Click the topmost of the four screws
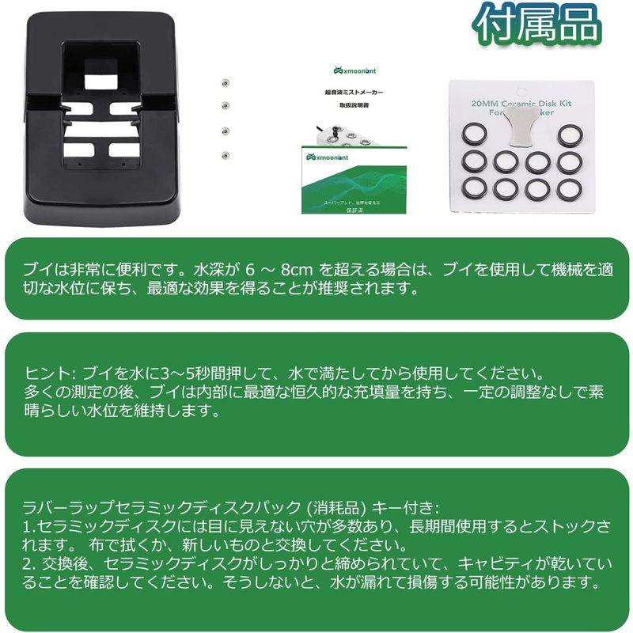[225, 81]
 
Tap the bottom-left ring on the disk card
[474, 188]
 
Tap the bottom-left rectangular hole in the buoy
[78, 150]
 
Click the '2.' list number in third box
[32, 564]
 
